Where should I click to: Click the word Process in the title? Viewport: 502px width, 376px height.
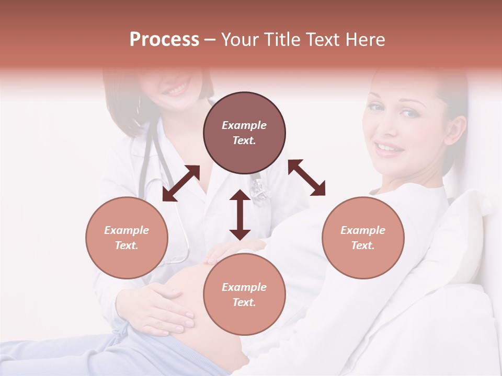[x=164, y=40]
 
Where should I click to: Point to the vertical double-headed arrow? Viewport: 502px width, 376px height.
[x=240, y=215]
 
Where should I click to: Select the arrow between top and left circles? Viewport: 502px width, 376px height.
[x=181, y=183]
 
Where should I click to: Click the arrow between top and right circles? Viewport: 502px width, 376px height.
[x=307, y=178]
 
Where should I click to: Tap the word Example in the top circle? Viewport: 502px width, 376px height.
[x=244, y=125]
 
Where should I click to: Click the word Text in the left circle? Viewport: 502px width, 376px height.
[x=127, y=245]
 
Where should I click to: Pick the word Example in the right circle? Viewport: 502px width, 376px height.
[x=363, y=230]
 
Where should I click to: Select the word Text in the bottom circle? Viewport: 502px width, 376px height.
[x=244, y=302]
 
